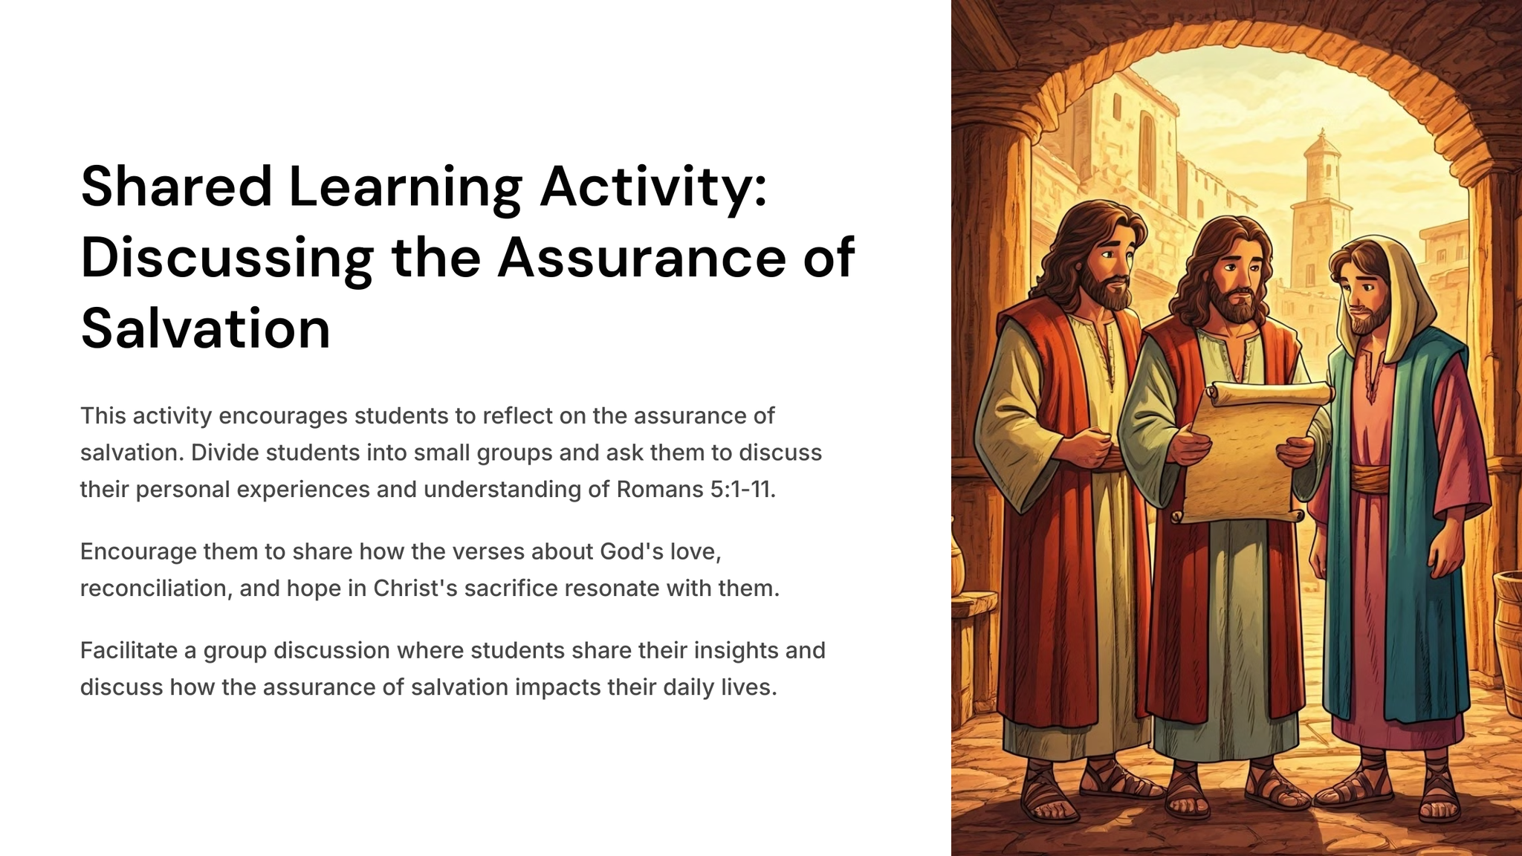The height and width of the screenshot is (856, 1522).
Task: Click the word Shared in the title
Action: (x=177, y=187)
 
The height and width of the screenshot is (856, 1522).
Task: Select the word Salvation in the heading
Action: (x=205, y=329)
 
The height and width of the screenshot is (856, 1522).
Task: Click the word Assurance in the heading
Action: (x=641, y=258)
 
